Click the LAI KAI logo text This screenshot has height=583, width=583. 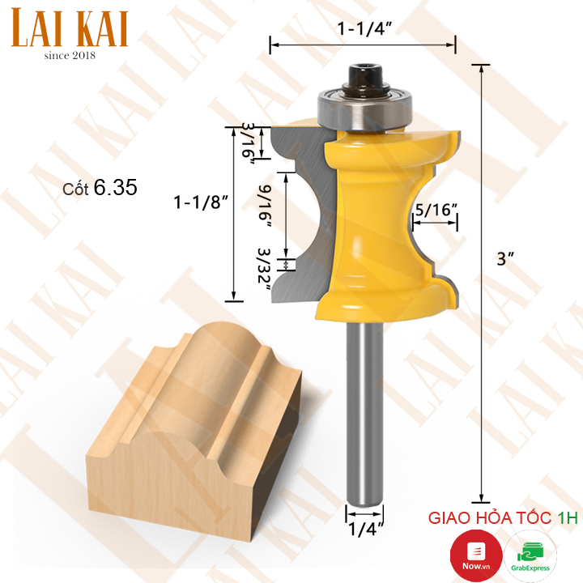[x=70, y=28]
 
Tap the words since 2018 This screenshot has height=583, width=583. [x=70, y=56]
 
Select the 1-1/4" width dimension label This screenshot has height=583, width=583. [x=364, y=28]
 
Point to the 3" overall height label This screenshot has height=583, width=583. [x=505, y=259]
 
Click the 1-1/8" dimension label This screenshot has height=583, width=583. [x=201, y=202]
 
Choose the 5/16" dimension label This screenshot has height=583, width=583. [x=436, y=210]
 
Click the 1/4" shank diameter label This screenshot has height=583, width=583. [x=365, y=530]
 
